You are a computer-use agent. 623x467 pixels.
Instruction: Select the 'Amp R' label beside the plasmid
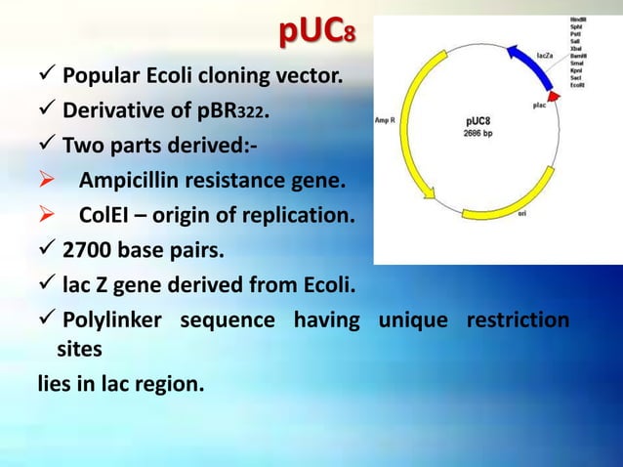388,121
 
